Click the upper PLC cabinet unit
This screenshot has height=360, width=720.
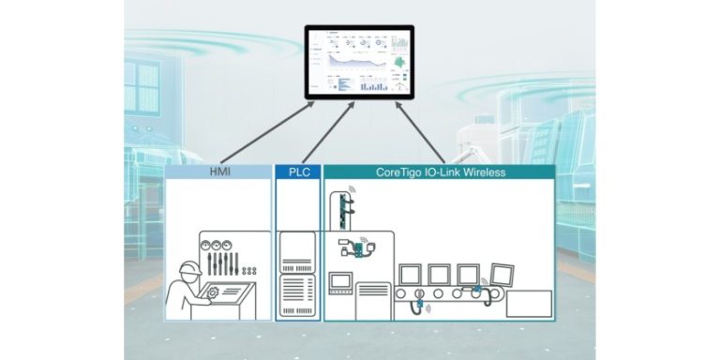[x=298, y=251]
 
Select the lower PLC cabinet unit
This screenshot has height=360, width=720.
[x=298, y=296]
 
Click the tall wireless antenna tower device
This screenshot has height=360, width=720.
[x=343, y=206]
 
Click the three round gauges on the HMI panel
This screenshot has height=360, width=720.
[x=221, y=237]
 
